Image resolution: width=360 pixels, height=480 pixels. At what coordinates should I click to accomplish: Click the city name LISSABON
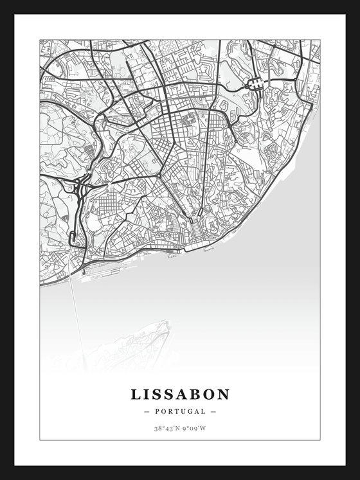[x=180, y=394]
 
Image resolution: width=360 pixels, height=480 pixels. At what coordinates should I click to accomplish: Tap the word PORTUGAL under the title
[x=180, y=411]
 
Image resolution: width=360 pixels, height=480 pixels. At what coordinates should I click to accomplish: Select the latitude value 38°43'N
[x=166, y=428]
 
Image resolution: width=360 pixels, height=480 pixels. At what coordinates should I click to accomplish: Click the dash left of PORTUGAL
[x=147, y=411]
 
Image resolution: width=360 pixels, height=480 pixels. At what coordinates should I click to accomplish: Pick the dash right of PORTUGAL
[x=213, y=411]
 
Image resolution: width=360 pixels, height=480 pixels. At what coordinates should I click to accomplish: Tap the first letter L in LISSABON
[x=136, y=394]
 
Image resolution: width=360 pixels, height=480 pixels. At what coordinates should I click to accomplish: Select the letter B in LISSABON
[x=192, y=394]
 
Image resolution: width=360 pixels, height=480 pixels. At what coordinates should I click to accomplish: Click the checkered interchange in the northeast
[x=255, y=83]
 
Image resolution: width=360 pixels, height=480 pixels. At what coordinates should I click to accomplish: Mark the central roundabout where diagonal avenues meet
[x=158, y=175]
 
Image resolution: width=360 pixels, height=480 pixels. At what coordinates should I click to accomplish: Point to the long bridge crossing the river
[x=78, y=315]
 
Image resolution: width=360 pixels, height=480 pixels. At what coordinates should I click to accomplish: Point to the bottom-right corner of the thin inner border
[x=319, y=440]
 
